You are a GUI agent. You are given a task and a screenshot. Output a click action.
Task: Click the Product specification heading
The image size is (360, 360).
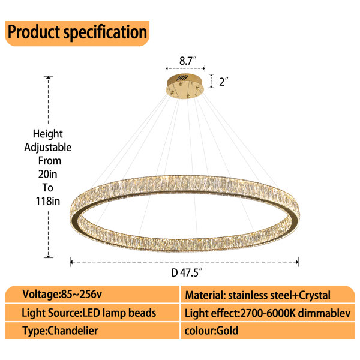click(x=77, y=33)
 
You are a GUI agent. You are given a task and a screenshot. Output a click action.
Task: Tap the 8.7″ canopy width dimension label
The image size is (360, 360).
click(x=188, y=61)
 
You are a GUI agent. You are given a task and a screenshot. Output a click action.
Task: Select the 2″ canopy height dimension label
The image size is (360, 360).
click(x=224, y=82)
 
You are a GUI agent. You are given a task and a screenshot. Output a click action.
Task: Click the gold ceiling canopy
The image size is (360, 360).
click(x=185, y=86)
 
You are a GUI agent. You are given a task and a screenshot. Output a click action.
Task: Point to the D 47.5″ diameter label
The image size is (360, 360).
click(x=187, y=272)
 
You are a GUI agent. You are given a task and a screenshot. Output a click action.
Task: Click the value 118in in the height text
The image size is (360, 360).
click(x=48, y=201)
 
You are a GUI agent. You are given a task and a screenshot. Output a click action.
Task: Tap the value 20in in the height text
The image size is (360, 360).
click(x=48, y=174)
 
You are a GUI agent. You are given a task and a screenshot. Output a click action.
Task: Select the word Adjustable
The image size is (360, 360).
click(x=48, y=148)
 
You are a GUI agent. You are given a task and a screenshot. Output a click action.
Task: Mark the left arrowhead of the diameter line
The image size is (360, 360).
click(x=72, y=262)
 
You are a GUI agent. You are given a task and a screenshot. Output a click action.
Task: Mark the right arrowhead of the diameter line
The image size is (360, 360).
click(x=296, y=262)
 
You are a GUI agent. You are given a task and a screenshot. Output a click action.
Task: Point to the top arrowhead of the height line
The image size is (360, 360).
click(x=48, y=78)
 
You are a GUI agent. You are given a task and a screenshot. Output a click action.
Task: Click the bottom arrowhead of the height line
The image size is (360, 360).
click(x=48, y=256)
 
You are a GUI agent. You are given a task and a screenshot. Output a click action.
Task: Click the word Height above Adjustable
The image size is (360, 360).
click(x=48, y=134)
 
